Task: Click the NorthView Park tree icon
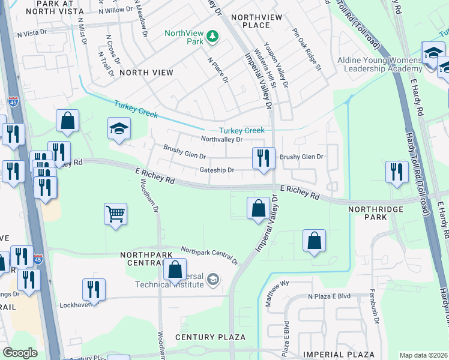[x=211, y=38]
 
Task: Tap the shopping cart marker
[x=115, y=214]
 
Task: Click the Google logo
[x=20, y=353]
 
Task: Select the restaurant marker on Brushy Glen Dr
[x=264, y=158]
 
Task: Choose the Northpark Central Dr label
[x=209, y=255]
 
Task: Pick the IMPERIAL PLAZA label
[x=339, y=355]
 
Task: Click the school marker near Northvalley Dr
[x=119, y=128]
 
